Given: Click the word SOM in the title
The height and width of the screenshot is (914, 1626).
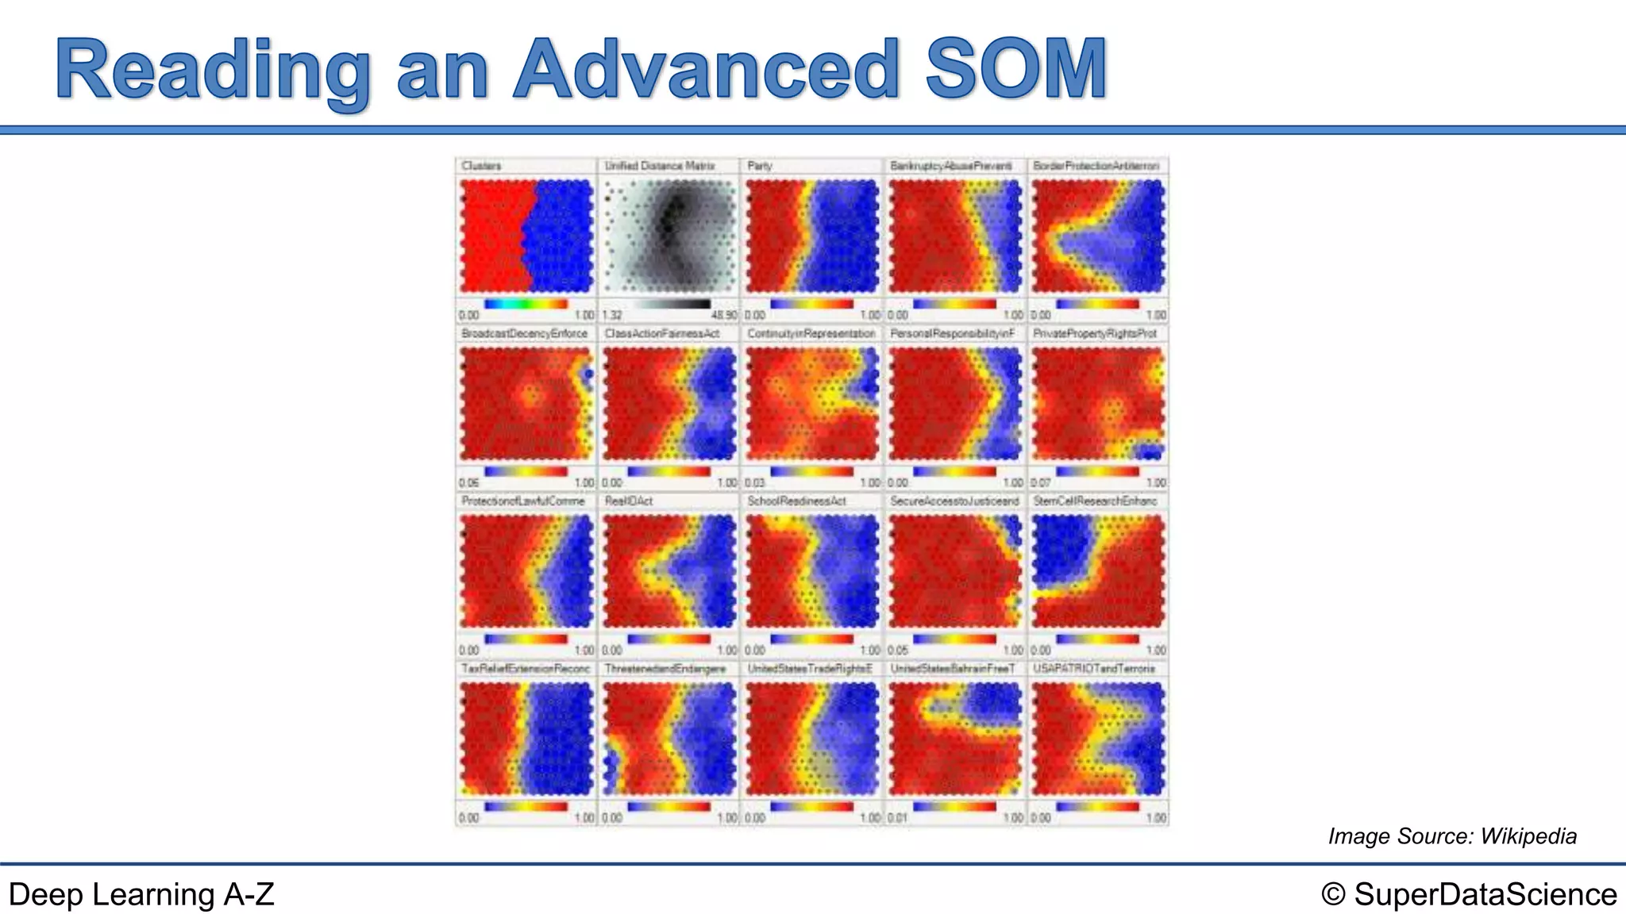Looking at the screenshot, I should point(1016,70).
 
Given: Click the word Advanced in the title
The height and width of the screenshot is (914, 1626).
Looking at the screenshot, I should point(707,70).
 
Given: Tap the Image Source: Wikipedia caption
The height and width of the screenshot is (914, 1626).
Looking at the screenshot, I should point(1452,836).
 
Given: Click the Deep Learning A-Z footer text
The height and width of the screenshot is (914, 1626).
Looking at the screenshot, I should point(141,894).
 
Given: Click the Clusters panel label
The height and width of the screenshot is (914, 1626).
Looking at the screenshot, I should point(481,166).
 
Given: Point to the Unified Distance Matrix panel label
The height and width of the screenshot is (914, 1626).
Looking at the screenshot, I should point(659,166).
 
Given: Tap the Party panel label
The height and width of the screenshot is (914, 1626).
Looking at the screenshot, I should point(759,166).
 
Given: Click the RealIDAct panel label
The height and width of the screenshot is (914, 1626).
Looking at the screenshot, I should point(628,501).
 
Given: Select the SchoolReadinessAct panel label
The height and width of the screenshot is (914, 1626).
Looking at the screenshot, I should point(796,501).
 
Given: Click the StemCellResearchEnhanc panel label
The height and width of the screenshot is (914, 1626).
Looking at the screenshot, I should point(1095,501).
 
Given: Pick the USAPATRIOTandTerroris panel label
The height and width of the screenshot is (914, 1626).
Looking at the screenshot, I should point(1094,669).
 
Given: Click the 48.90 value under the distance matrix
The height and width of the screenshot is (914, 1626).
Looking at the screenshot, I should point(726,315).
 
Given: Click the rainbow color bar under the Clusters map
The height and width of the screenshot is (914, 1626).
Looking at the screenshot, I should point(526,304).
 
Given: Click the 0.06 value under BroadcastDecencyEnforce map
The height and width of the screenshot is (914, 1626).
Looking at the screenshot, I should point(469,482).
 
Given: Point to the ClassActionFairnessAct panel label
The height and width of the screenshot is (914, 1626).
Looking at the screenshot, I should point(661,333).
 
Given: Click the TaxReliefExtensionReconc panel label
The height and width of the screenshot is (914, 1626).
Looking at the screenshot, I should point(526,669).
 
